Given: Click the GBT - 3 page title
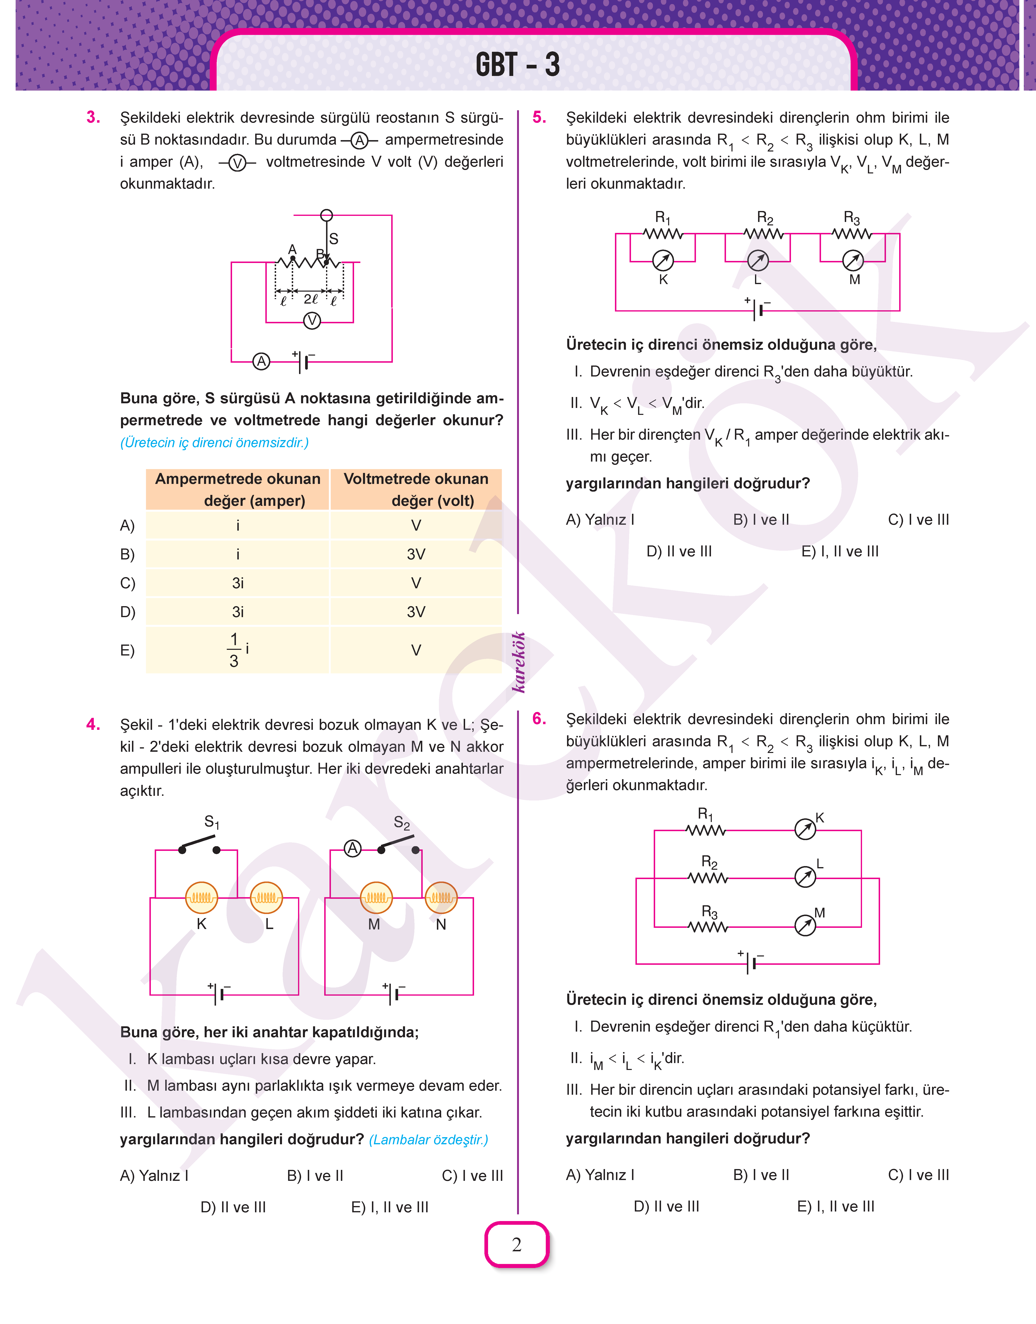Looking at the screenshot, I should point(517,64).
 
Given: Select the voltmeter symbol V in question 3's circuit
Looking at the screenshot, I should point(312,320).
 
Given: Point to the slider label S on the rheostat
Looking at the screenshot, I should point(334,238).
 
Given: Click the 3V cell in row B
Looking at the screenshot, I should point(416,554).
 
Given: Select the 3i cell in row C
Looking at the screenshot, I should point(238,583).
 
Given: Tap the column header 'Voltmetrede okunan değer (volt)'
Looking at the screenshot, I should point(416,489).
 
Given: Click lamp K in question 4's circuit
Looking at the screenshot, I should point(201,897).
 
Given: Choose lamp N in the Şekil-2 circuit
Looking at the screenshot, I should point(441,897).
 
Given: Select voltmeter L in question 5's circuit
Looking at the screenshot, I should point(758,261).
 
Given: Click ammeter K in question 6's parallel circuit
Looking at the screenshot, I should point(805,830).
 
